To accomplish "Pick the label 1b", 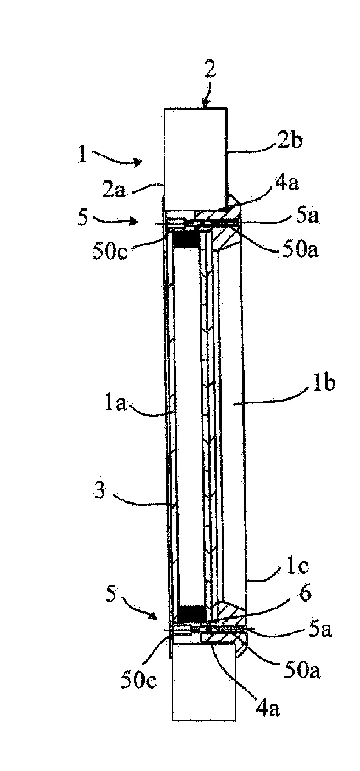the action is click(x=325, y=383).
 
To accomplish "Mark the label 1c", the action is click(x=299, y=566).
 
